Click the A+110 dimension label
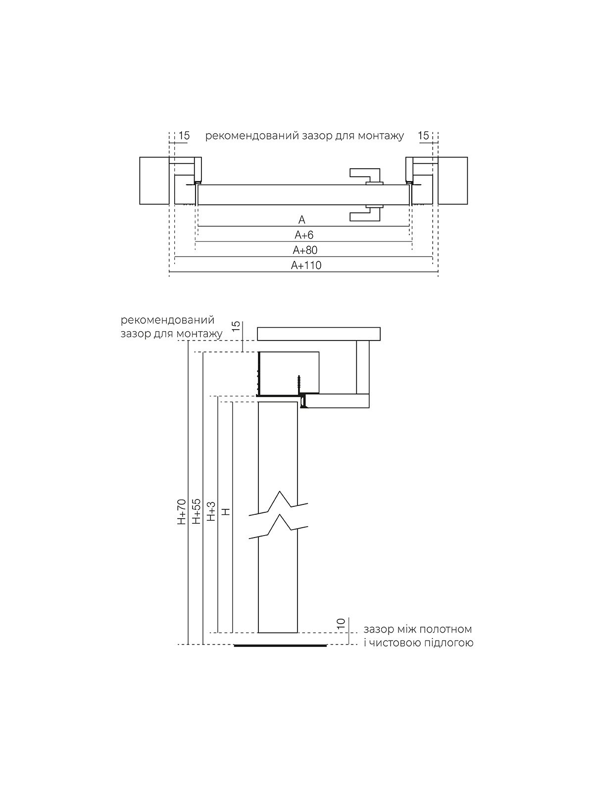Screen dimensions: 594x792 pyautogui.click(x=306, y=265)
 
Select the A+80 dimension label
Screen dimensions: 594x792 pyautogui.click(x=305, y=250)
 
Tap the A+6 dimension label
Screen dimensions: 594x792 pyautogui.click(x=304, y=235)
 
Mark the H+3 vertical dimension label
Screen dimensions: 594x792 pyautogui.click(x=211, y=511)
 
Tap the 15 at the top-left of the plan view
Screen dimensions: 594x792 pyautogui.click(x=184, y=136)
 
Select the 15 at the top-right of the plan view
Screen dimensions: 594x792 pyautogui.click(x=424, y=136)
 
